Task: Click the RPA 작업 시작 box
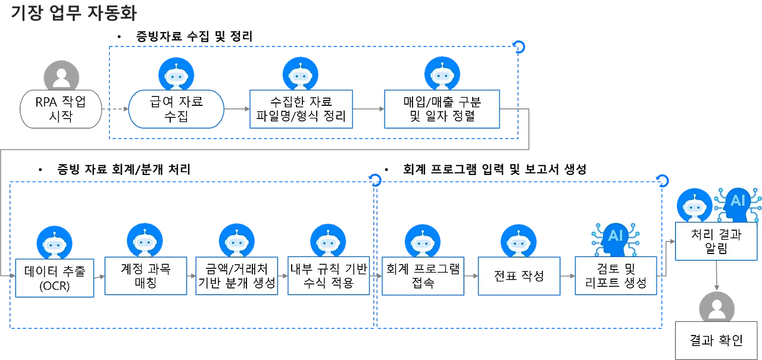[59, 109]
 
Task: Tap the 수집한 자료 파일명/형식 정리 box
[301, 109]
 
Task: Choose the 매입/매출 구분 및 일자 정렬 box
[442, 109]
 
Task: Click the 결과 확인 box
[716, 340]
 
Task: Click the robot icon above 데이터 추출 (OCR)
[54, 244]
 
